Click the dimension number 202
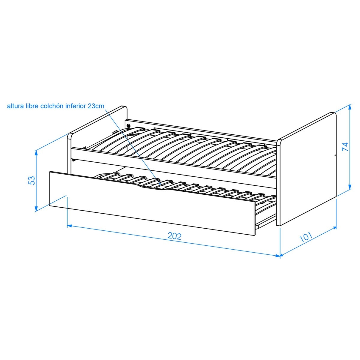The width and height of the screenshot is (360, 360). coord(174,236)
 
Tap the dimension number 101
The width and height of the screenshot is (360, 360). coord(306,237)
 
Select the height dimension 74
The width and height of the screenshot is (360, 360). coord(345,147)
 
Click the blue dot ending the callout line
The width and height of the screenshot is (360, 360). coord(160,184)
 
